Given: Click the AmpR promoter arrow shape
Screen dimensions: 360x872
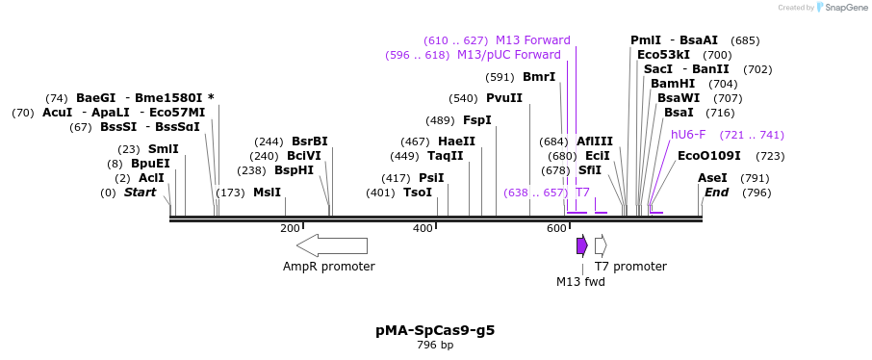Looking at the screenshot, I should (x=332, y=245).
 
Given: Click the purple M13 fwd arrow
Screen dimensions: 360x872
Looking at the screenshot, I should (x=581, y=245).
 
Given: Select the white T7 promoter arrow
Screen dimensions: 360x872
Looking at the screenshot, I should (x=601, y=245).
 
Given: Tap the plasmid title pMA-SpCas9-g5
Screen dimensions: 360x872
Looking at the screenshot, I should (x=435, y=330).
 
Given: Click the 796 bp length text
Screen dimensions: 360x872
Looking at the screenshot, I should (x=435, y=345).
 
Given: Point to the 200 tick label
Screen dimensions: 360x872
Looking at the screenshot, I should (x=290, y=228).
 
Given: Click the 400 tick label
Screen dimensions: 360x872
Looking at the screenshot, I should (x=423, y=228).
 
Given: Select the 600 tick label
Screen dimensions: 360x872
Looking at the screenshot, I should (x=556, y=228).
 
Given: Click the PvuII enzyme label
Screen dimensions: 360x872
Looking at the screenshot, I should (x=504, y=98).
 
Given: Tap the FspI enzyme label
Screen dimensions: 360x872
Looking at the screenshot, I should (x=477, y=120).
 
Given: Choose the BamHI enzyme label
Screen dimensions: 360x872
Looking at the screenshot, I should (x=673, y=84).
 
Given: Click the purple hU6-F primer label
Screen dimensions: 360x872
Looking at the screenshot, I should (x=688, y=135).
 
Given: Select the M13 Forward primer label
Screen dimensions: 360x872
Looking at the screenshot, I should (x=533, y=40).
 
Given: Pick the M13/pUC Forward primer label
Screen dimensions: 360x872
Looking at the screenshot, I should (x=509, y=55).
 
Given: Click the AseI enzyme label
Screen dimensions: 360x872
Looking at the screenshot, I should (x=712, y=178).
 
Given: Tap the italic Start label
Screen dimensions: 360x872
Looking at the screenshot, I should (x=140, y=193).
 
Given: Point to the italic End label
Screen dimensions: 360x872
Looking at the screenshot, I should (x=717, y=193).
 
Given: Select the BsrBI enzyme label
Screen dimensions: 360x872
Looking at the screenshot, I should (x=310, y=141).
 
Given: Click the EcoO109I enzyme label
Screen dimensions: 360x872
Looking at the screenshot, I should (x=709, y=156).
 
